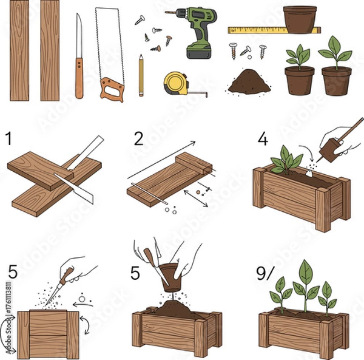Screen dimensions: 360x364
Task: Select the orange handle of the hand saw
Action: [x=113, y=90]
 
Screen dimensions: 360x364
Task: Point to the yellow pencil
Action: [x=141, y=76]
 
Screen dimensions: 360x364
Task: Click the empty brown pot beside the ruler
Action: [x=300, y=19]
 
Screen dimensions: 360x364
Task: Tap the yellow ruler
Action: [x=258, y=29]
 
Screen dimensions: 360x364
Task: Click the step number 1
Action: [x=8, y=139]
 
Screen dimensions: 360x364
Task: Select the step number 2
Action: [x=139, y=139]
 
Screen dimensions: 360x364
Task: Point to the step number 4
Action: [x=262, y=139]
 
